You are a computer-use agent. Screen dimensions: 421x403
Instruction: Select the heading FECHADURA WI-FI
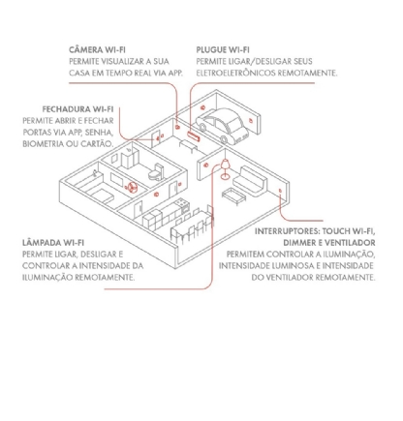pyautogui.click(x=74, y=107)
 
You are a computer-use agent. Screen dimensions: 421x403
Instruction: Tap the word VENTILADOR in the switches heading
pyautogui.click(x=348, y=242)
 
